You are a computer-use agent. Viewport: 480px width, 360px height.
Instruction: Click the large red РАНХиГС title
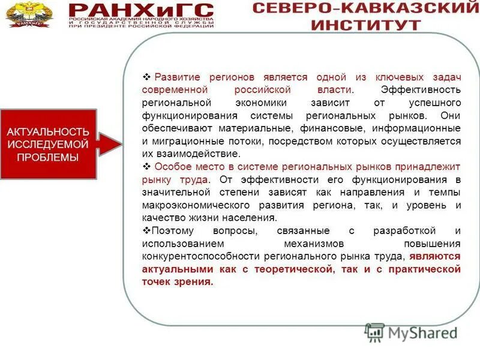[x=141, y=10]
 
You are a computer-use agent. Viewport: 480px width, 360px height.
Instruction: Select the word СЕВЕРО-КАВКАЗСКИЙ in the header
[x=365, y=8]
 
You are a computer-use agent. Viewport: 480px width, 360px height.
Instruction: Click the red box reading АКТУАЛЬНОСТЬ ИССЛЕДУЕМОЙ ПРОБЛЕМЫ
[x=48, y=144]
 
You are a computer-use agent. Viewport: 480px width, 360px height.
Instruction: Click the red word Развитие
[x=178, y=77]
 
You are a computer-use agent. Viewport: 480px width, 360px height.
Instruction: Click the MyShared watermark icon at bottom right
[x=374, y=332]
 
